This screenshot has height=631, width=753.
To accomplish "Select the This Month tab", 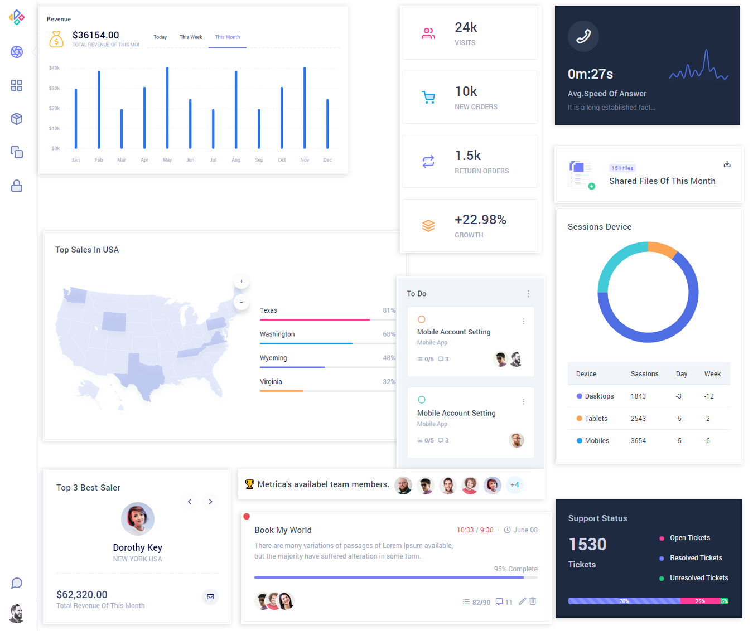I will point(228,37).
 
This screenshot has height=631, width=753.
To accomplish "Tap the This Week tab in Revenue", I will point(191,37).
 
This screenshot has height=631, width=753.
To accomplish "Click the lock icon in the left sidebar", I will point(17,186).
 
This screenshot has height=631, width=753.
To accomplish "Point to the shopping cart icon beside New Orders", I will point(428,98).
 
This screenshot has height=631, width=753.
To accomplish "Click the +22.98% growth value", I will point(480,220).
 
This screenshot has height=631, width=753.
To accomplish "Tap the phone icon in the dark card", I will point(583,36).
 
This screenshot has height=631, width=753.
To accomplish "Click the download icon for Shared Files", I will point(727,164).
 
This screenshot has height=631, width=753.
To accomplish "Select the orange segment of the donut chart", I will point(663,249).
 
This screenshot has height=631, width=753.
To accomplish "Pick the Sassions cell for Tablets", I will point(638,419).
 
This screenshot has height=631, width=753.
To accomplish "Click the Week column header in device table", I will point(712,374).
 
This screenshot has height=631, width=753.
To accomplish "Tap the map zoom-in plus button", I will point(242,281).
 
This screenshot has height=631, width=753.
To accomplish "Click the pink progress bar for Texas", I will point(315,319).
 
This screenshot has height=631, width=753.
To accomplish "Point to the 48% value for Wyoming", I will point(389,358).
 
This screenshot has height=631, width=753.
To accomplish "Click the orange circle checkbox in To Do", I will point(422,319).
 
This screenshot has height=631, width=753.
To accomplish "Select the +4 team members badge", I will point(515,485).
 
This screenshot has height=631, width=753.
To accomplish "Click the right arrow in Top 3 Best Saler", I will point(210,502).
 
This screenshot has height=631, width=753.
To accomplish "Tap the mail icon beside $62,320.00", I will point(210,596).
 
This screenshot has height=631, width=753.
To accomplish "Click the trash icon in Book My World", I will point(533,601).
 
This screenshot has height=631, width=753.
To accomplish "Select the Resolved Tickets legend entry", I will point(696,558).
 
